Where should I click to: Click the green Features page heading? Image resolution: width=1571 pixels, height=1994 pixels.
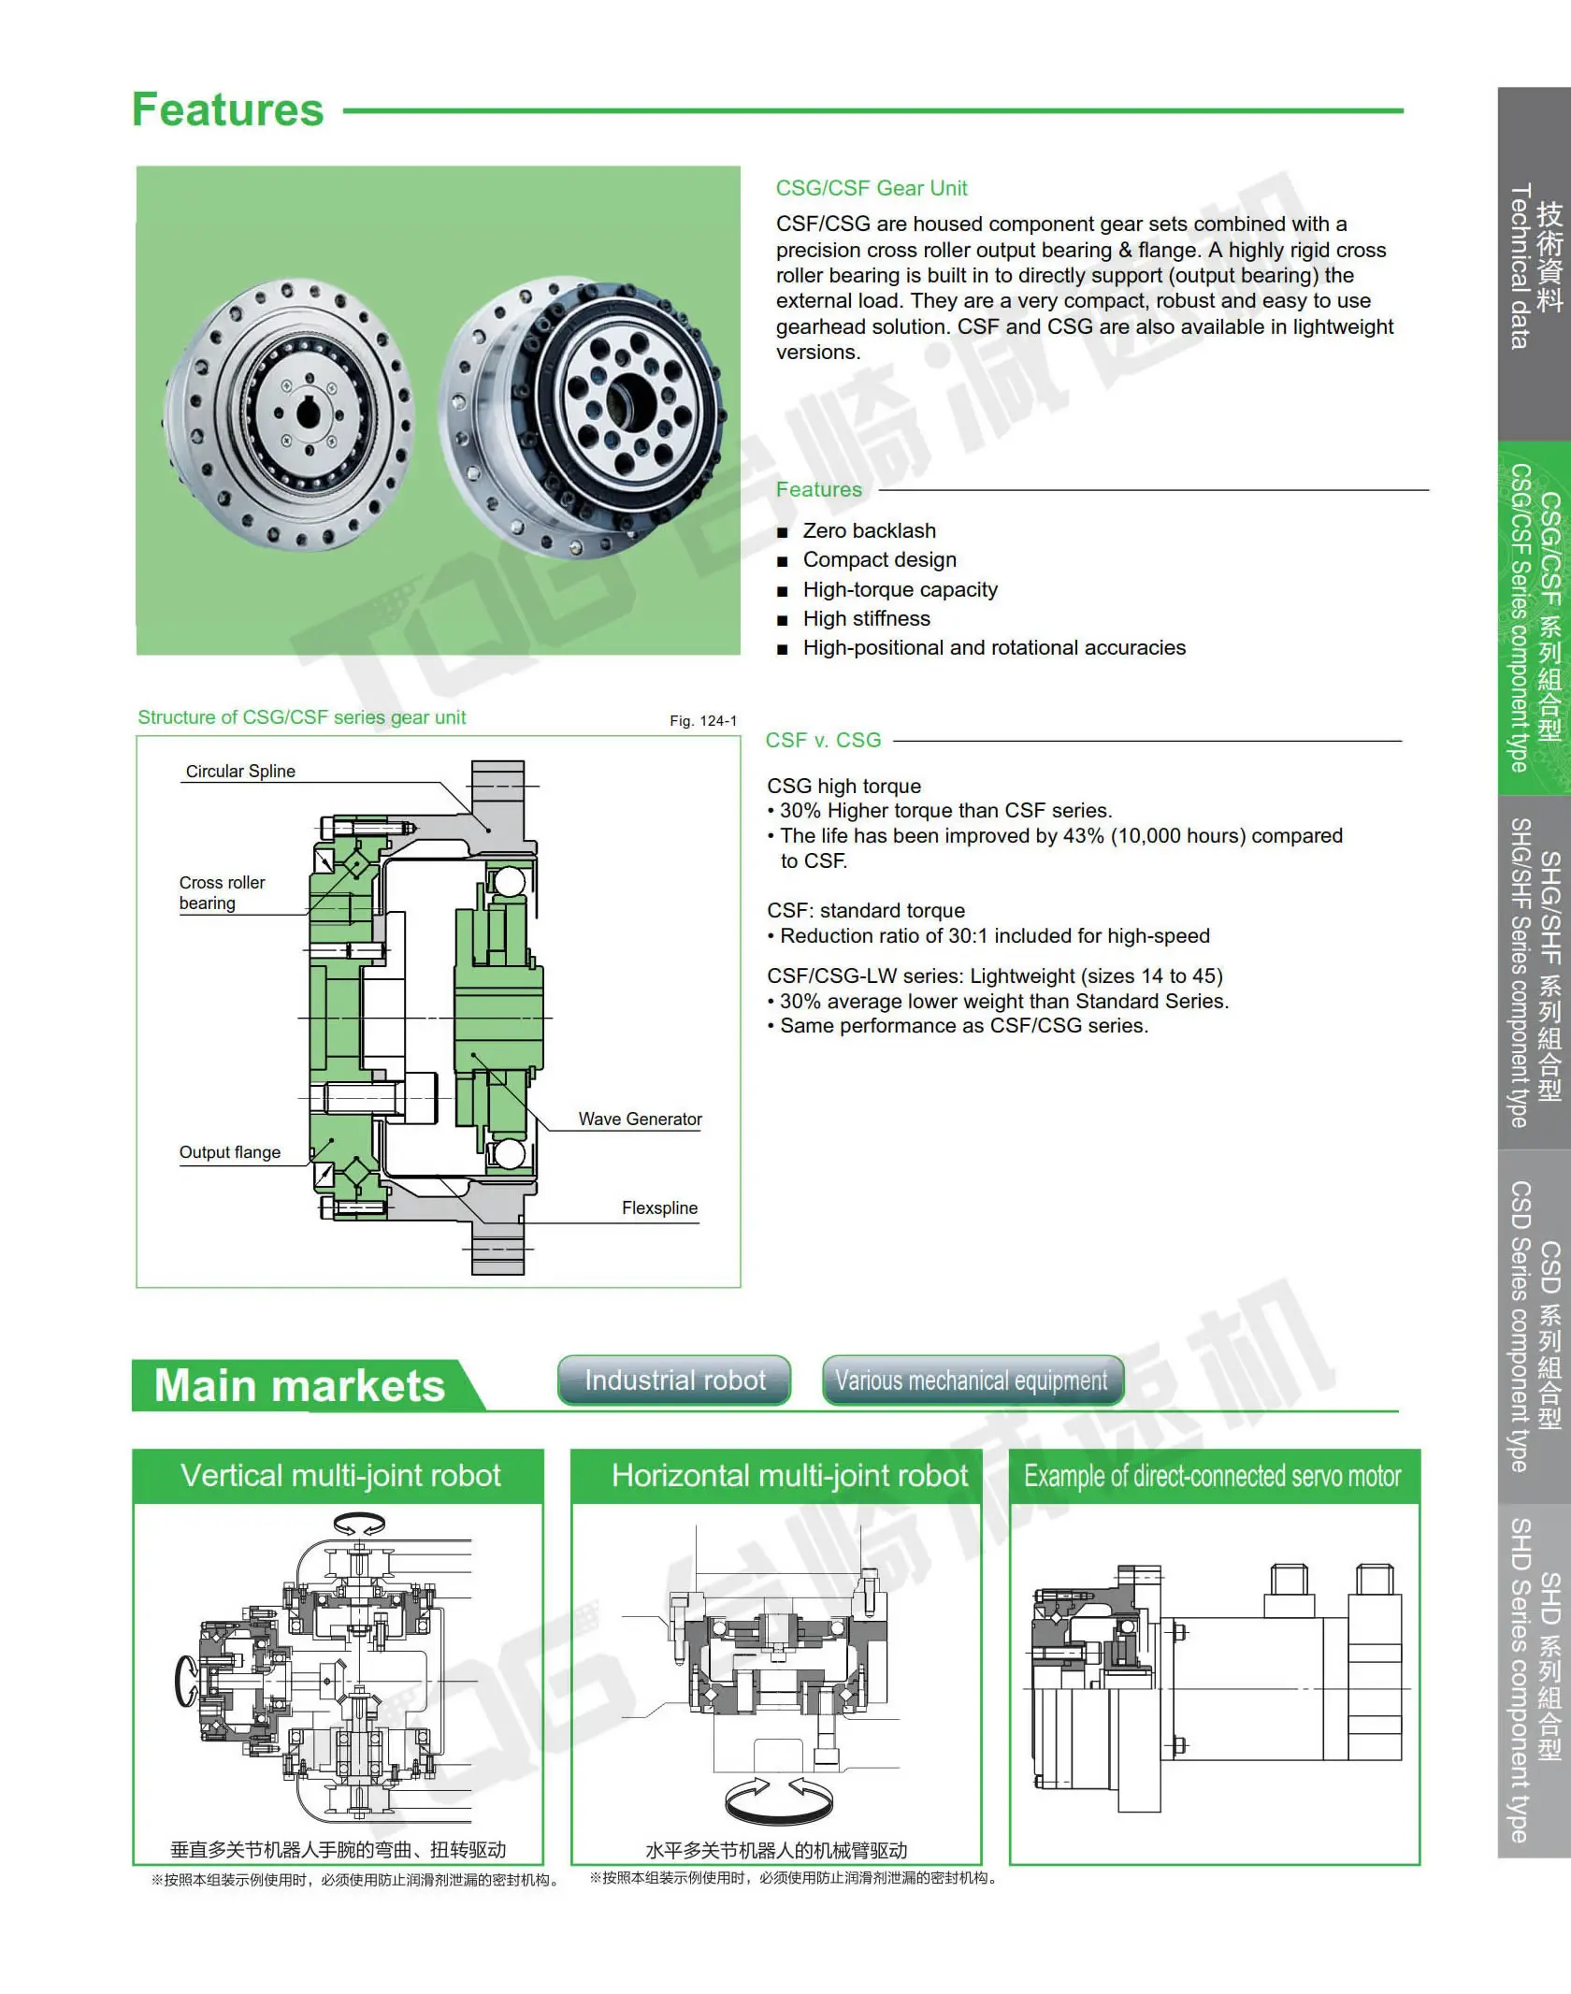227,110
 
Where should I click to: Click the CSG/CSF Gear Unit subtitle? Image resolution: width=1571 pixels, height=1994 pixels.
871,188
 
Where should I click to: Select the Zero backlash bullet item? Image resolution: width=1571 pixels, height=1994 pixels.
869,530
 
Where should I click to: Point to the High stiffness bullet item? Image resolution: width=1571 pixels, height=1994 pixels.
866,618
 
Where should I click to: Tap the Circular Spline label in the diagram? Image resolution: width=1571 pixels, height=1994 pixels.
240,771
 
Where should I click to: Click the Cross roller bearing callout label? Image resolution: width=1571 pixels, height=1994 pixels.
222,892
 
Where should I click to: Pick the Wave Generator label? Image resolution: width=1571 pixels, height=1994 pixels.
640,1119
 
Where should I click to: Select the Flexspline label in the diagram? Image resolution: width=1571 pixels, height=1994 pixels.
659,1207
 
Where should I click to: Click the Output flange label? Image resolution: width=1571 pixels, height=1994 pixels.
230,1152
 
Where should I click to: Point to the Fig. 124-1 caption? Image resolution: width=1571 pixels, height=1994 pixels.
703,720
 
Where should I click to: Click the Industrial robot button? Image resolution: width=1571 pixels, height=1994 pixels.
674,1380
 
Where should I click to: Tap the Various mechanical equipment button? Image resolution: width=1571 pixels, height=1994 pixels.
972,1380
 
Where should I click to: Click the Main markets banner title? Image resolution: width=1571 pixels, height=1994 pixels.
299,1385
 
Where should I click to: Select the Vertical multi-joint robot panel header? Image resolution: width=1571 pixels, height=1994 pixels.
340,1476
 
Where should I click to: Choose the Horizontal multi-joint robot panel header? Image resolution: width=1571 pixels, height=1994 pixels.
789,1476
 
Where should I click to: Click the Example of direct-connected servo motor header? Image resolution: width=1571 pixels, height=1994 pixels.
1212,1476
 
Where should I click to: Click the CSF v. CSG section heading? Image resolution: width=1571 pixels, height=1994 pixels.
823,740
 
